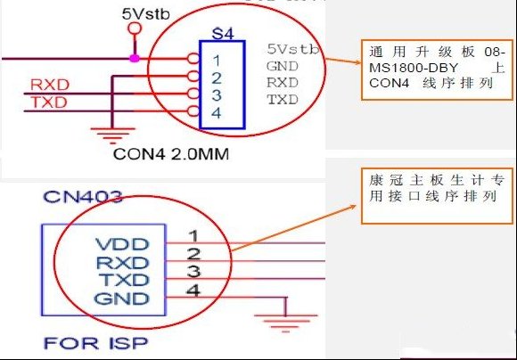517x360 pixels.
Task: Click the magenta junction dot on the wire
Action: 135,58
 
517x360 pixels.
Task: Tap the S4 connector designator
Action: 223,34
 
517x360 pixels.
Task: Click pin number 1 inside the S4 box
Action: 217,61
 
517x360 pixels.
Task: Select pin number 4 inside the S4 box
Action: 216,113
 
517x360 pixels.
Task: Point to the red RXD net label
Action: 50,85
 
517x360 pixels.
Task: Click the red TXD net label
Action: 49,102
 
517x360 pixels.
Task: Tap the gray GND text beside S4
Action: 283,66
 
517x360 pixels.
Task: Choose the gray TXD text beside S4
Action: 283,99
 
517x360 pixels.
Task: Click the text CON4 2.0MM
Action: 171,154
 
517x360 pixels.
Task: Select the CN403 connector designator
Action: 83,197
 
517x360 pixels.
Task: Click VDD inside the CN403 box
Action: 122,244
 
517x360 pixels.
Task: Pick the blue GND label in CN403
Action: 121,299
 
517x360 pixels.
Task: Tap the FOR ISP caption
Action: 95,343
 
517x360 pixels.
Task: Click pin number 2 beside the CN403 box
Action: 193,254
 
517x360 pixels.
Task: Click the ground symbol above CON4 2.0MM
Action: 113,135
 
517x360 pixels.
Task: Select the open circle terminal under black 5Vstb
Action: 135,29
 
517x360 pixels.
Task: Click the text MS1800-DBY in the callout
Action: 414,68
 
